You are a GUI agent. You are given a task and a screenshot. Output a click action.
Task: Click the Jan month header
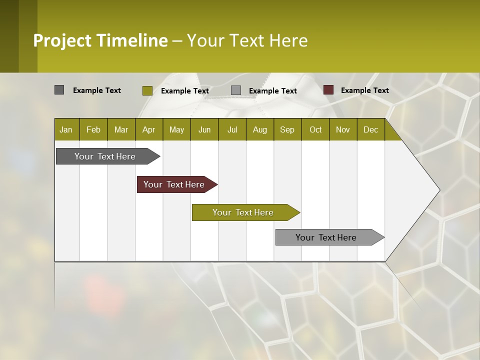click(66, 129)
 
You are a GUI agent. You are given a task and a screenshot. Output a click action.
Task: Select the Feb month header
click(93, 129)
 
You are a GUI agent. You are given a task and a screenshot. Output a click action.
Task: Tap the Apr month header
click(148, 129)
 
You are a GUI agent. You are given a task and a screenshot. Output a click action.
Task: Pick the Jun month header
click(204, 129)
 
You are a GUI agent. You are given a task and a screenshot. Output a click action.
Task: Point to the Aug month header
click(259, 129)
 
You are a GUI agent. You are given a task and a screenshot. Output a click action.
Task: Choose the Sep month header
click(287, 129)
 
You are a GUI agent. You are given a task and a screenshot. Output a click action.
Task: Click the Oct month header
click(315, 129)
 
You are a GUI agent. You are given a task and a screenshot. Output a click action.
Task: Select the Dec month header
click(370, 129)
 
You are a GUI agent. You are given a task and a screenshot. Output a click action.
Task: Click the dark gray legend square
click(59, 90)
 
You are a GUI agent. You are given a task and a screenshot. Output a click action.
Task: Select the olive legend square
click(147, 90)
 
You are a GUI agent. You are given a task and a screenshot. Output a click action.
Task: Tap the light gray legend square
click(236, 90)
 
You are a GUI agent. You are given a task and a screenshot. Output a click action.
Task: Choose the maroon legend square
click(328, 90)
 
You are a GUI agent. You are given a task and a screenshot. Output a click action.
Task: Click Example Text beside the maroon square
click(364, 90)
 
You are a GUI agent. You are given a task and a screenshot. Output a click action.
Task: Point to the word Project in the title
click(62, 40)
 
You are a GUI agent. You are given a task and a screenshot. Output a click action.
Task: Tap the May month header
click(176, 129)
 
